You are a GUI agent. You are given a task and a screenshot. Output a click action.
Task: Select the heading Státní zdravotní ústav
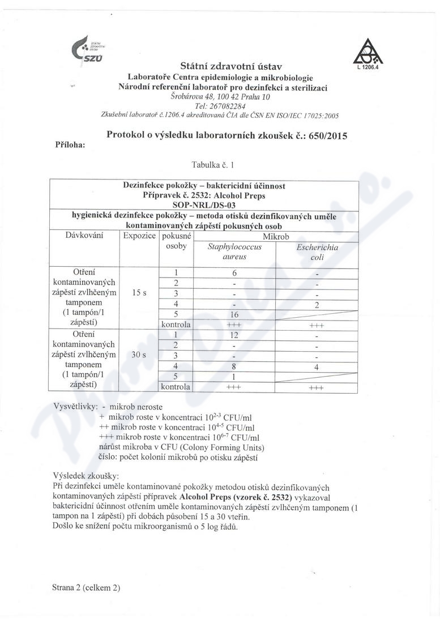click(231, 67)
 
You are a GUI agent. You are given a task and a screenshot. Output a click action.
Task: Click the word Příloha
click(70, 145)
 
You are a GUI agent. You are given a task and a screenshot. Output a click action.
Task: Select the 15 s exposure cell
click(139, 293)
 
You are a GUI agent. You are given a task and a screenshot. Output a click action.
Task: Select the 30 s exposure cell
click(139, 355)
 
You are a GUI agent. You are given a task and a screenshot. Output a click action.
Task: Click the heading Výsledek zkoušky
click(86, 476)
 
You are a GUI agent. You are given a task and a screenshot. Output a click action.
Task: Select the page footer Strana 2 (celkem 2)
click(86, 587)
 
